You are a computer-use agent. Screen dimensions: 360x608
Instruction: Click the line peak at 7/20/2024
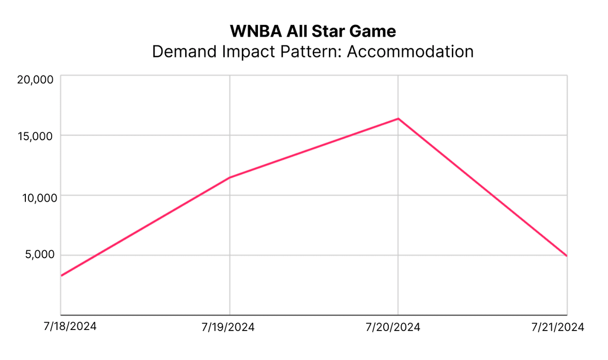[x=398, y=119]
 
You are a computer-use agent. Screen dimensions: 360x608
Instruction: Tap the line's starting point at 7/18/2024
[x=62, y=276]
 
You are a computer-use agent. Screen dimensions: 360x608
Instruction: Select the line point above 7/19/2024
[x=230, y=177]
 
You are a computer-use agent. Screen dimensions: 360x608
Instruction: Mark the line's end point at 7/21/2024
[x=567, y=256]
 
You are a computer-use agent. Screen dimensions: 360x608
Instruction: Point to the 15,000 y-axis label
[x=36, y=136]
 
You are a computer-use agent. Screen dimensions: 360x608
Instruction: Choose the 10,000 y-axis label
[x=36, y=197]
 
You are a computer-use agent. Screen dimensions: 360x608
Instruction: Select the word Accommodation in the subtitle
[x=410, y=52]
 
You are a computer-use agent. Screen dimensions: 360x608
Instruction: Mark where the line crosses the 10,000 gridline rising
[x=199, y=196]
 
